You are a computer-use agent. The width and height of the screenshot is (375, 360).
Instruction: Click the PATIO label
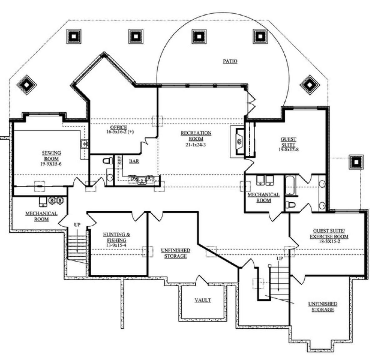coord(230,61)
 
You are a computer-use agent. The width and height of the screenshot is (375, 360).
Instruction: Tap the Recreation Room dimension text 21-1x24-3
coord(196,145)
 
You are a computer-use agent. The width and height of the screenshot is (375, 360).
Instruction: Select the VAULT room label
coord(203,300)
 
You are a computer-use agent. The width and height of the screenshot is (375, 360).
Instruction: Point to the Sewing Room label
coord(52,156)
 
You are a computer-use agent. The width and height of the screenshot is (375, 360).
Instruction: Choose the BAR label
coord(134,161)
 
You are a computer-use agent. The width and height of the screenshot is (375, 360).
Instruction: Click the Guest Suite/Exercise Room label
coord(329,234)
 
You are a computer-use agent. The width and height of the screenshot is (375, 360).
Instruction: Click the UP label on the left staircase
coord(77,225)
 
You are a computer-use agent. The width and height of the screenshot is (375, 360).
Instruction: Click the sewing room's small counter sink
coord(84,144)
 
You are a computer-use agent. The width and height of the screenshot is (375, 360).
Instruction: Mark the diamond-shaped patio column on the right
coord(309,84)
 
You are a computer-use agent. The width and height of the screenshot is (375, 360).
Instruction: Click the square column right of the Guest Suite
coord(356,162)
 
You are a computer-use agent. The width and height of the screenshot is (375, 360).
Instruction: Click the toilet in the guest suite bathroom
coord(291,205)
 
